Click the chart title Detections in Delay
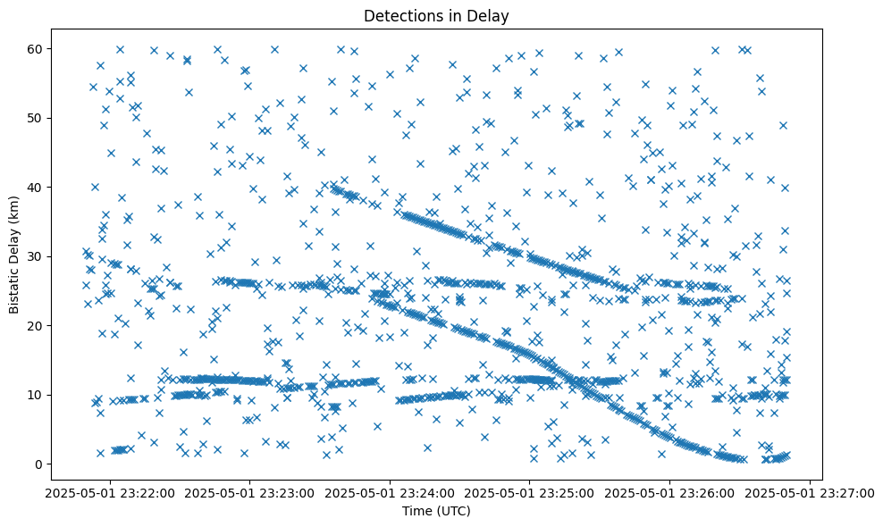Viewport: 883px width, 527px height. coord(436,15)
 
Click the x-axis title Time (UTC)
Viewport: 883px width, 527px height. coord(436,511)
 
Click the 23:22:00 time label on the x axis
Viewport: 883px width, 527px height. coord(110,492)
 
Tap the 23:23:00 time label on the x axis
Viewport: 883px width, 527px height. coord(250,492)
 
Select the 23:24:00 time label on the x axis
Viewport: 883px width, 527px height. coord(390,492)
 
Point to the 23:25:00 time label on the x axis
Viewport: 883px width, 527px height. coord(530,492)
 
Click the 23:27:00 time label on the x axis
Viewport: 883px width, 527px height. coord(810,492)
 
